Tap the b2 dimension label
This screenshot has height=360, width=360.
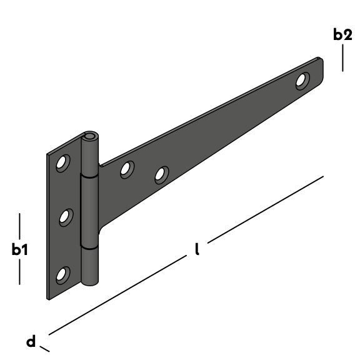(x=342, y=34)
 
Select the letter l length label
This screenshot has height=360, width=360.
(x=197, y=249)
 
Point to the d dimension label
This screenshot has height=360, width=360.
(x=31, y=342)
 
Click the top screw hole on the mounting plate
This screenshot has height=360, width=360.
(x=63, y=163)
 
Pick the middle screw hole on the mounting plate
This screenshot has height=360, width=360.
(x=66, y=217)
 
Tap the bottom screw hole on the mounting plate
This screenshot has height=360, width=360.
(x=63, y=275)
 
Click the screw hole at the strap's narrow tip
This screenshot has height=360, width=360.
(x=302, y=81)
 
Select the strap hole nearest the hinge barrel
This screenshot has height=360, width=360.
(x=127, y=169)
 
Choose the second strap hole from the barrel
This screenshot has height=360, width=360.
(x=162, y=175)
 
